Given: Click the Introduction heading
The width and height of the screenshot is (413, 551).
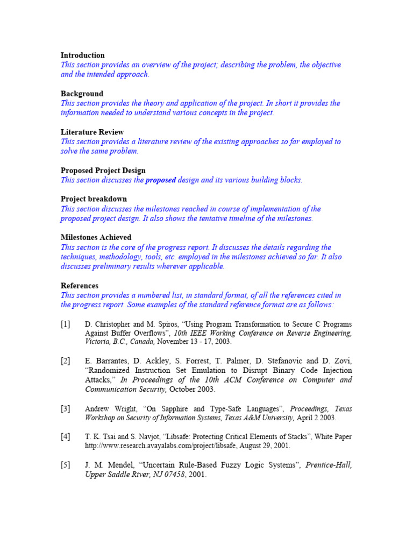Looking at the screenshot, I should (x=82, y=55).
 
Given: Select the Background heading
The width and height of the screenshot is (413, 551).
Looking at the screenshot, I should (x=82, y=94).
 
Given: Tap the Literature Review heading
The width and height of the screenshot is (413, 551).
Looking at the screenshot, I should (x=92, y=132).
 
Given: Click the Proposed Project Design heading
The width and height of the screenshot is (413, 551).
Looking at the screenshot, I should (x=103, y=171).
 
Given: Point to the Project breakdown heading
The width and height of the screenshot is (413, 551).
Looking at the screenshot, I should (x=94, y=199).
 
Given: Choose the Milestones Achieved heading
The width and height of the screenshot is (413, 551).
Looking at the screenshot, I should (x=96, y=237).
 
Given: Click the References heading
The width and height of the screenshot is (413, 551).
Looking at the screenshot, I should (x=79, y=286).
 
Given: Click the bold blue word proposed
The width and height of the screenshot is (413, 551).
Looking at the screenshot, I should (x=160, y=180).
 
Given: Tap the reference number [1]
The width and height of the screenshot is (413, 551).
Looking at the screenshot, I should (x=65, y=324).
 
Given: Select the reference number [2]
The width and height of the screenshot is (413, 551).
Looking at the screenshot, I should (x=65, y=361).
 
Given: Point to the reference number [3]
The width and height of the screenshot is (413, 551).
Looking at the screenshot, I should (x=65, y=409).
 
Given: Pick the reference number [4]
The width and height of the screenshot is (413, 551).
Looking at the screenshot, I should (x=65, y=436).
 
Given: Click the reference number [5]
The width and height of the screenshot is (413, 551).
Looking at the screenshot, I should (x=65, y=465).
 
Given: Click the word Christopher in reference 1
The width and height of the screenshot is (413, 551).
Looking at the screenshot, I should (x=111, y=324).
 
